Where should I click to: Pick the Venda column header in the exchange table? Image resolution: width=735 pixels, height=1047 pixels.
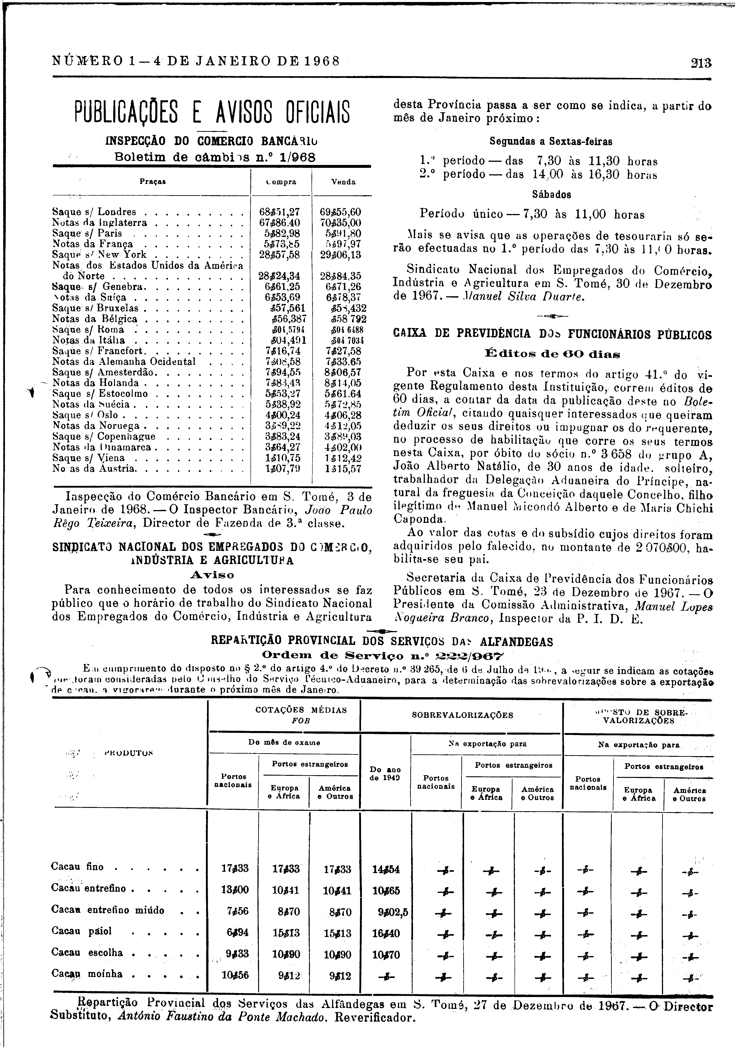click(x=343, y=182)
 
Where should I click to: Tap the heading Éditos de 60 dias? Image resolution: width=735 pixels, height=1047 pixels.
click(x=552, y=353)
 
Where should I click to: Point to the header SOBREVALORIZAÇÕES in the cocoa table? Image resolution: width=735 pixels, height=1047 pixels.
click(x=462, y=715)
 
